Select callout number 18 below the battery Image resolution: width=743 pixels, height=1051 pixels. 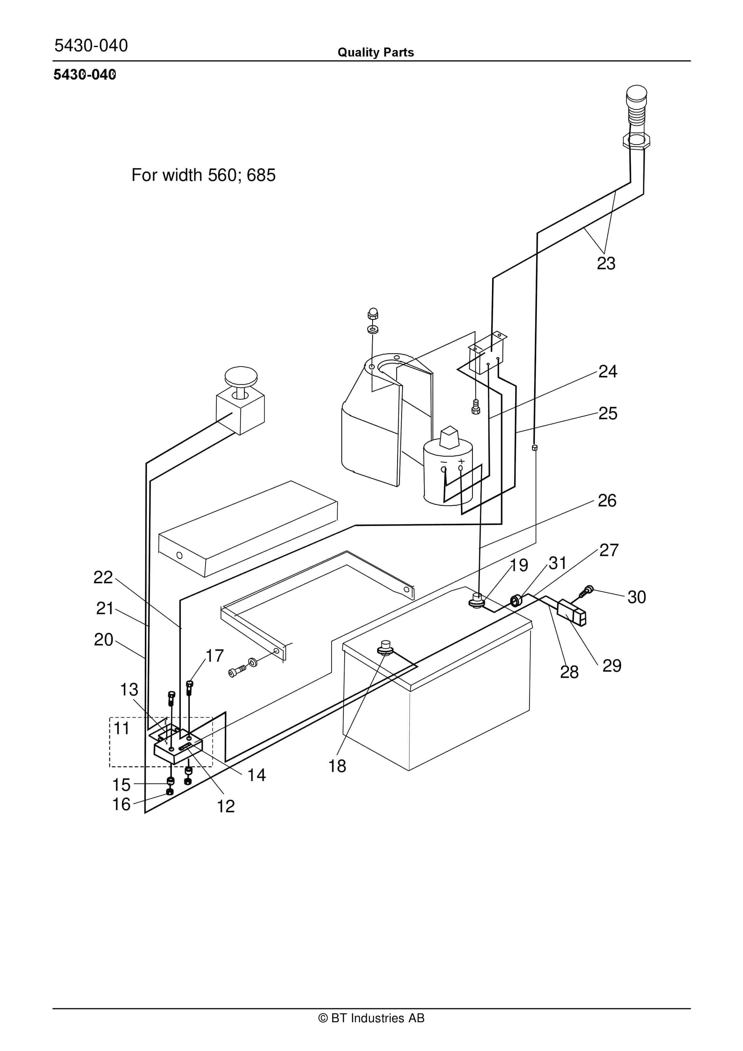(337, 766)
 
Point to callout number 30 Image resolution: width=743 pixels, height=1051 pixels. (637, 597)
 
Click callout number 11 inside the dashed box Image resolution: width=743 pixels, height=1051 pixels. (121, 728)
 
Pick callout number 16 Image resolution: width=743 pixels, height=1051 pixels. (121, 804)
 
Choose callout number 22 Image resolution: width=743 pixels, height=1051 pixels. (103, 577)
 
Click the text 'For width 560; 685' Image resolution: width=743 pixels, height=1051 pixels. (203, 175)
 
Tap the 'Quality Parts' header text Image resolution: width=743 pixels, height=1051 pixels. (375, 52)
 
